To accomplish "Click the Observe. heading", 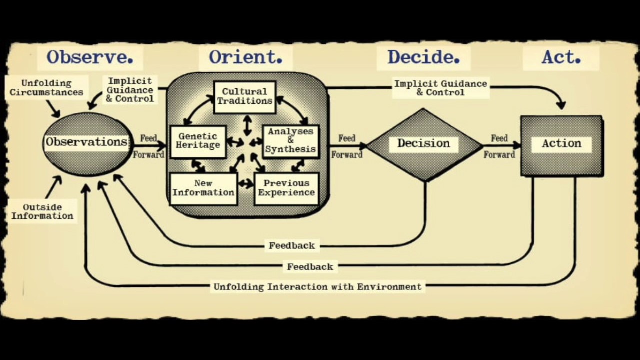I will (90, 57).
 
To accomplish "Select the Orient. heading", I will (246, 57).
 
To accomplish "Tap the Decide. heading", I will (424, 57).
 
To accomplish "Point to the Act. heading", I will (561, 58).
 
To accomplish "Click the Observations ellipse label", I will (87, 142).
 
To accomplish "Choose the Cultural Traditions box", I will (245, 96).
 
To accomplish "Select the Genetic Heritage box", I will (198, 141).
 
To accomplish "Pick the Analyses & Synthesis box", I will (290, 140).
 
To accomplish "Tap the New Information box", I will (203, 188).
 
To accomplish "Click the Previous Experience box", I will (286, 188).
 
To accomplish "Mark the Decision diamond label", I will (424, 144).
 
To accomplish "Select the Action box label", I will (561, 144).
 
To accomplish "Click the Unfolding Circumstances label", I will (46, 88).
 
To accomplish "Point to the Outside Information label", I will (42, 212).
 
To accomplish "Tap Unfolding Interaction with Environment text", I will (318, 287).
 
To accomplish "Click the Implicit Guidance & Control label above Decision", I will (440, 88).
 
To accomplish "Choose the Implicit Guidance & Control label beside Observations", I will (130, 90).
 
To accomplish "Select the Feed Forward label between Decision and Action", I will (499, 146).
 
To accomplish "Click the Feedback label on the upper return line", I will (292, 246).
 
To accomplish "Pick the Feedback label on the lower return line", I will (310, 267).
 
